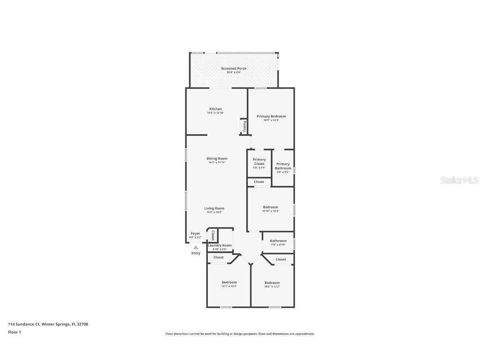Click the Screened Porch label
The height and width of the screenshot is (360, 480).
click(233, 68)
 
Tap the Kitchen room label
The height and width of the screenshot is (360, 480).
click(215, 109)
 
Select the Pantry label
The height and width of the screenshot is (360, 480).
click(245, 126)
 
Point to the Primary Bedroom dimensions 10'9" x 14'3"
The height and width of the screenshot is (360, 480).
click(271, 120)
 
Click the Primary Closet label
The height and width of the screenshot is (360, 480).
click(259, 162)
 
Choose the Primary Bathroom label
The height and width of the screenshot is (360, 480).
click(283, 166)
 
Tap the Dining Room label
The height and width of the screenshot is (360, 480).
click(217, 158)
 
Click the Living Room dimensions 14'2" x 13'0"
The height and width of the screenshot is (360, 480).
click(214, 212)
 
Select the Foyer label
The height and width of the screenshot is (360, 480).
click(195, 233)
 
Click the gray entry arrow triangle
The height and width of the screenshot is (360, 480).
click(196, 247)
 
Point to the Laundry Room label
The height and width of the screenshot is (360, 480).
click(220, 245)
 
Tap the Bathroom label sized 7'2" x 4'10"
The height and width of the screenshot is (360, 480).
click(278, 241)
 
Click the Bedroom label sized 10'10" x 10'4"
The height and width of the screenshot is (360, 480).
click(270, 207)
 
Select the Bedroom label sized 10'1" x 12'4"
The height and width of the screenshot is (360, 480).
click(229, 282)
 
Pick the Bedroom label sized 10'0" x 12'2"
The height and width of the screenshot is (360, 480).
click(272, 282)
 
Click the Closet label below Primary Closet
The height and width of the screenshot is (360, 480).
click(259, 182)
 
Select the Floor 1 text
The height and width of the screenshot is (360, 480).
click(15, 332)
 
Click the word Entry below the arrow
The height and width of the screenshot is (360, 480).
click(196, 253)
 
